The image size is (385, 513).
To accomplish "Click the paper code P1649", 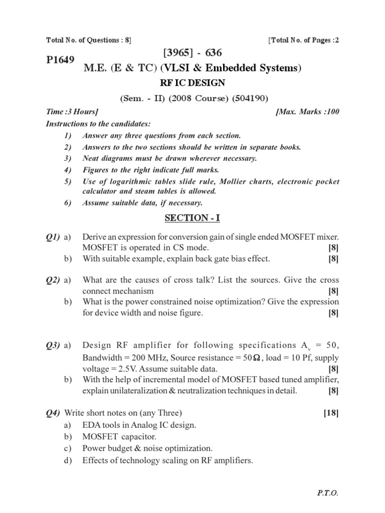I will [60, 60].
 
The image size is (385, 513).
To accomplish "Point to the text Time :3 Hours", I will [72, 112].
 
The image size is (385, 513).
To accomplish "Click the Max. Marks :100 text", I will [308, 112].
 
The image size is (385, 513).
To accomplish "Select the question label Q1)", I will [53, 236].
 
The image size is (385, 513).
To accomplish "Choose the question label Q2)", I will [53, 280].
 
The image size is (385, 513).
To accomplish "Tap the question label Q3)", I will [53, 345].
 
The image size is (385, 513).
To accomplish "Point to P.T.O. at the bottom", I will [328, 493].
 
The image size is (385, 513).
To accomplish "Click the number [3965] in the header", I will [178, 53].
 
